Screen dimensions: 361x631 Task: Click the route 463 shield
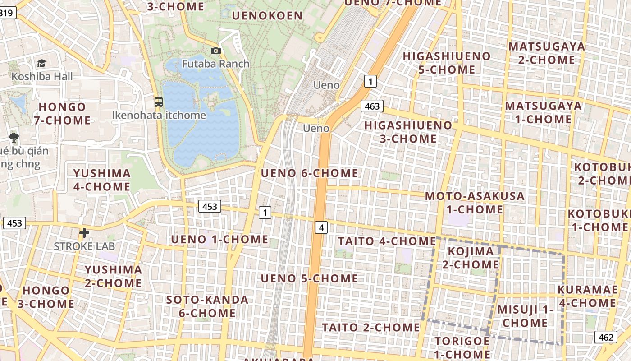372,106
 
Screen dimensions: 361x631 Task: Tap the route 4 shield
321,227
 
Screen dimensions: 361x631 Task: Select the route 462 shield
606,337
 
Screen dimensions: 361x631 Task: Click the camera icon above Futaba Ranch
216,51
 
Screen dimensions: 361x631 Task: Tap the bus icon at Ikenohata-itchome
159,102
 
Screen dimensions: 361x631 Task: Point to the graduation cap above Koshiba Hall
42,64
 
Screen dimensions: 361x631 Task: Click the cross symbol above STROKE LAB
84,233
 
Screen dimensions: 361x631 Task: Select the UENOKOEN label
267,16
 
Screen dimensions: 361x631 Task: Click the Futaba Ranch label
215,64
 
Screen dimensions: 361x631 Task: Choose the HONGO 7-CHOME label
62,114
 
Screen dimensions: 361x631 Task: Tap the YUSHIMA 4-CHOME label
102,180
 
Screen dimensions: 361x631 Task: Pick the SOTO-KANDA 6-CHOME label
207,306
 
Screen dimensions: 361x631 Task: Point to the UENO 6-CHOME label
310,173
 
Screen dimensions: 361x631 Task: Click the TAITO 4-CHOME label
386,241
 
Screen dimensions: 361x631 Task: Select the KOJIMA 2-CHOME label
471,258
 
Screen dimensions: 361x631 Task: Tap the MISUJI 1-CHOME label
525,316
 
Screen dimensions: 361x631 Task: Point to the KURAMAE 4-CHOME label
587,296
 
